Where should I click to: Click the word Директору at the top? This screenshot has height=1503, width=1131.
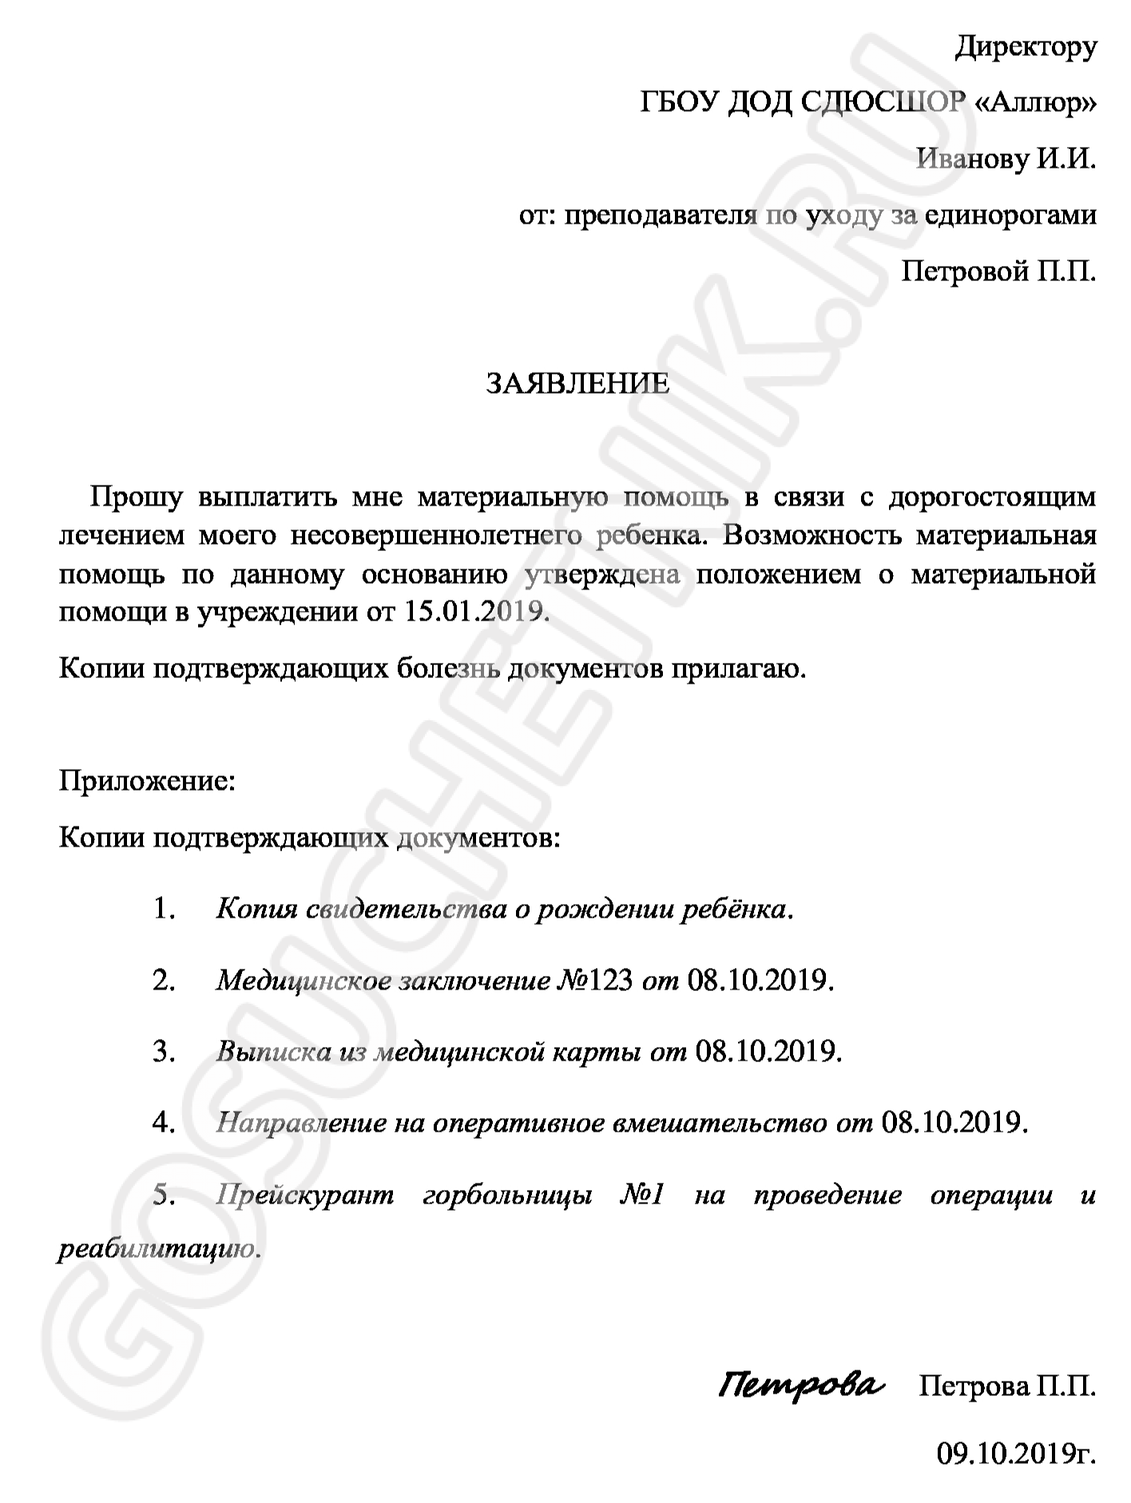tap(1026, 48)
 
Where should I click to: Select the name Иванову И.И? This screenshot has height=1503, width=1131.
tap(1006, 159)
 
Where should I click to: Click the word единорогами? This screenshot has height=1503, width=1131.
tap(1010, 216)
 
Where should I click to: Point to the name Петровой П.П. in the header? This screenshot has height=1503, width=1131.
tap(998, 272)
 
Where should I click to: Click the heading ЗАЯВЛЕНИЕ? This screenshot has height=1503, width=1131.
tap(578, 385)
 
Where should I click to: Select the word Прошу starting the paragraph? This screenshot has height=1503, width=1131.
tap(137, 498)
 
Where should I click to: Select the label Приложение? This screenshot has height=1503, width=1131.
tap(148, 780)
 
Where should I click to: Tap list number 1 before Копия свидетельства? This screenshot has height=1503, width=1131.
tap(164, 909)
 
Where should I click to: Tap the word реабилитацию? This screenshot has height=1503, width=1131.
tap(159, 1249)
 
